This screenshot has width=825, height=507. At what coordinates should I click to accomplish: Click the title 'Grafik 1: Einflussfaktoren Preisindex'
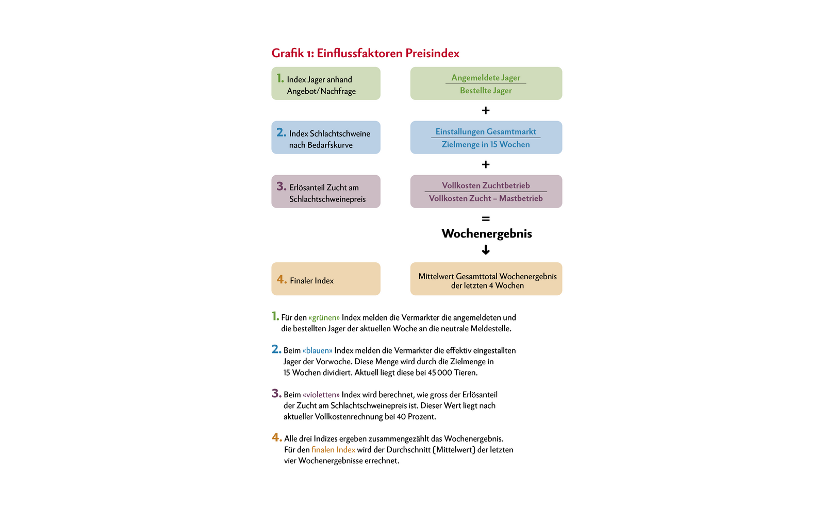tap(365, 53)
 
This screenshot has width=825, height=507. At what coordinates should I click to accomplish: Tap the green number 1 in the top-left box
tap(280, 78)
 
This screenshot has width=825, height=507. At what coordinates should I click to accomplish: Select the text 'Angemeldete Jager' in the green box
tap(486, 78)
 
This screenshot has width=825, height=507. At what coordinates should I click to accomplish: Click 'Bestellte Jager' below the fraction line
tap(486, 91)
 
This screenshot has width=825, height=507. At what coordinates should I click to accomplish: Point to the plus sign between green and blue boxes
tap(486, 110)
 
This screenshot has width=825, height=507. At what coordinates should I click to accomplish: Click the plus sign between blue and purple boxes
tap(486, 164)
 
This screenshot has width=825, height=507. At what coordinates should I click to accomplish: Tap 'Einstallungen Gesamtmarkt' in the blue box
tap(486, 132)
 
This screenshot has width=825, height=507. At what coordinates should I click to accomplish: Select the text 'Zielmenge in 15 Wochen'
tap(486, 145)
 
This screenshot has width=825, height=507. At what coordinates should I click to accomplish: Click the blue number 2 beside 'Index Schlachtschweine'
tap(281, 132)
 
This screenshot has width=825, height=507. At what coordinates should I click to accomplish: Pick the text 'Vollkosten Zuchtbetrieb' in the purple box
tap(486, 185)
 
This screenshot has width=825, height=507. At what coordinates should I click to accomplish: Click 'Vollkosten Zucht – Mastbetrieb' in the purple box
tap(486, 198)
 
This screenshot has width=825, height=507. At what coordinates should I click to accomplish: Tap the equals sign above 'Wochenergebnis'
tap(486, 219)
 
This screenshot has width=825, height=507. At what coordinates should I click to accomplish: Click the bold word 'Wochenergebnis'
tap(487, 234)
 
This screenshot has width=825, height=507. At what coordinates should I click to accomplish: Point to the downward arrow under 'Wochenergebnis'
tap(486, 250)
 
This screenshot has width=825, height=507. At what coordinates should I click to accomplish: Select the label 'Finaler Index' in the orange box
tap(311, 281)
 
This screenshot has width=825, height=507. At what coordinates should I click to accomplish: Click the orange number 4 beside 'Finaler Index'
tap(282, 279)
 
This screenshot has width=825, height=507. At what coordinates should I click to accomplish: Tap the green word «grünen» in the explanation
tap(324, 318)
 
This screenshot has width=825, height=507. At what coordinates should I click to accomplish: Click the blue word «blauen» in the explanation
tap(318, 351)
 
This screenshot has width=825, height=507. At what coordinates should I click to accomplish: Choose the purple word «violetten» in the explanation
tap(321, 395)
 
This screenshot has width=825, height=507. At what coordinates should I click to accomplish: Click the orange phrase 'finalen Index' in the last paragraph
tap(333, 450)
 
